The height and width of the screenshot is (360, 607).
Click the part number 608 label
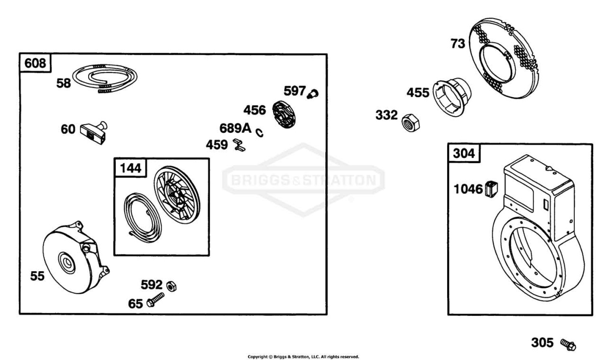(x=35, y=63)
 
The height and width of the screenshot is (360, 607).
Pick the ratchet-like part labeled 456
(x=284, y=114)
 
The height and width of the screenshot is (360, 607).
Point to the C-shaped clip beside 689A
(x=259, y=132)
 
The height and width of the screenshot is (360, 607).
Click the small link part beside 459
(x=239, y=145)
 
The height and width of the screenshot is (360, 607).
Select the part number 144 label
(x=130, y=168)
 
